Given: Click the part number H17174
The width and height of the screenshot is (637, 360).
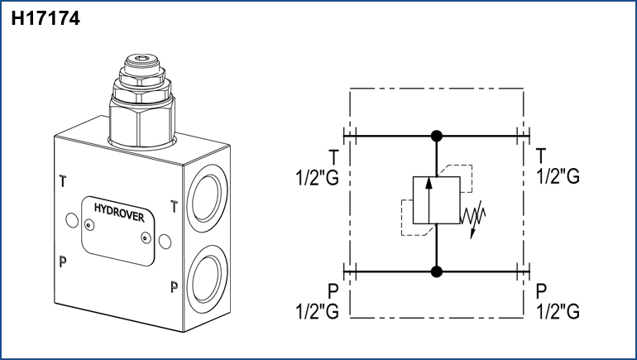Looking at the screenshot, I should [x=45, y=18].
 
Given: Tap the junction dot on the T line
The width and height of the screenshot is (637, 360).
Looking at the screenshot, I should [x=437, y=136].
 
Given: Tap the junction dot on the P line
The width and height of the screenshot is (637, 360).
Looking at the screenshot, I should [x=437, y=271].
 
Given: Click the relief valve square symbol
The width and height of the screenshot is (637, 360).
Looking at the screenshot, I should [x=430, y=199].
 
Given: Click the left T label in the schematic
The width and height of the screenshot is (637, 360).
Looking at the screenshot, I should [x=333, y=157].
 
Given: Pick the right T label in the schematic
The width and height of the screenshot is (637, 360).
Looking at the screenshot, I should [x=541, y=157].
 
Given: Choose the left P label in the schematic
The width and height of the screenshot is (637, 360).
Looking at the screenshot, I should [x=333, y=291].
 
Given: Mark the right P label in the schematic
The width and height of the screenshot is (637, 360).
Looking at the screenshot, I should [x=541, y=291].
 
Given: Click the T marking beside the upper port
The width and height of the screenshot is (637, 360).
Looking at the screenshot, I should [x=174, y=206].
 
